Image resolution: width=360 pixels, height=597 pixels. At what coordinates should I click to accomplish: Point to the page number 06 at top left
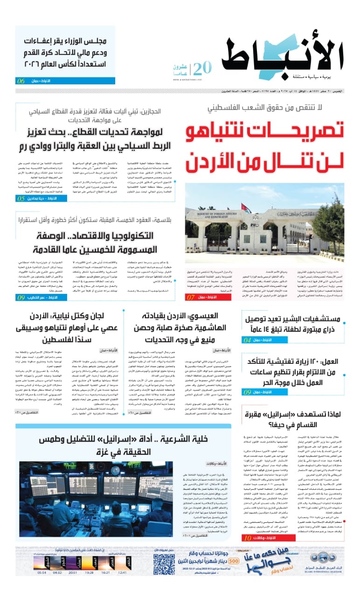21,81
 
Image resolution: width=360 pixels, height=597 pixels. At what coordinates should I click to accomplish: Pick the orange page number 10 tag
247,538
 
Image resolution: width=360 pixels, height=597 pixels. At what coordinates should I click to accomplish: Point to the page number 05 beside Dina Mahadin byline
21,198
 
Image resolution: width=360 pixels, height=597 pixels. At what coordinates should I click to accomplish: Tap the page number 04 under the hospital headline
247,340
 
